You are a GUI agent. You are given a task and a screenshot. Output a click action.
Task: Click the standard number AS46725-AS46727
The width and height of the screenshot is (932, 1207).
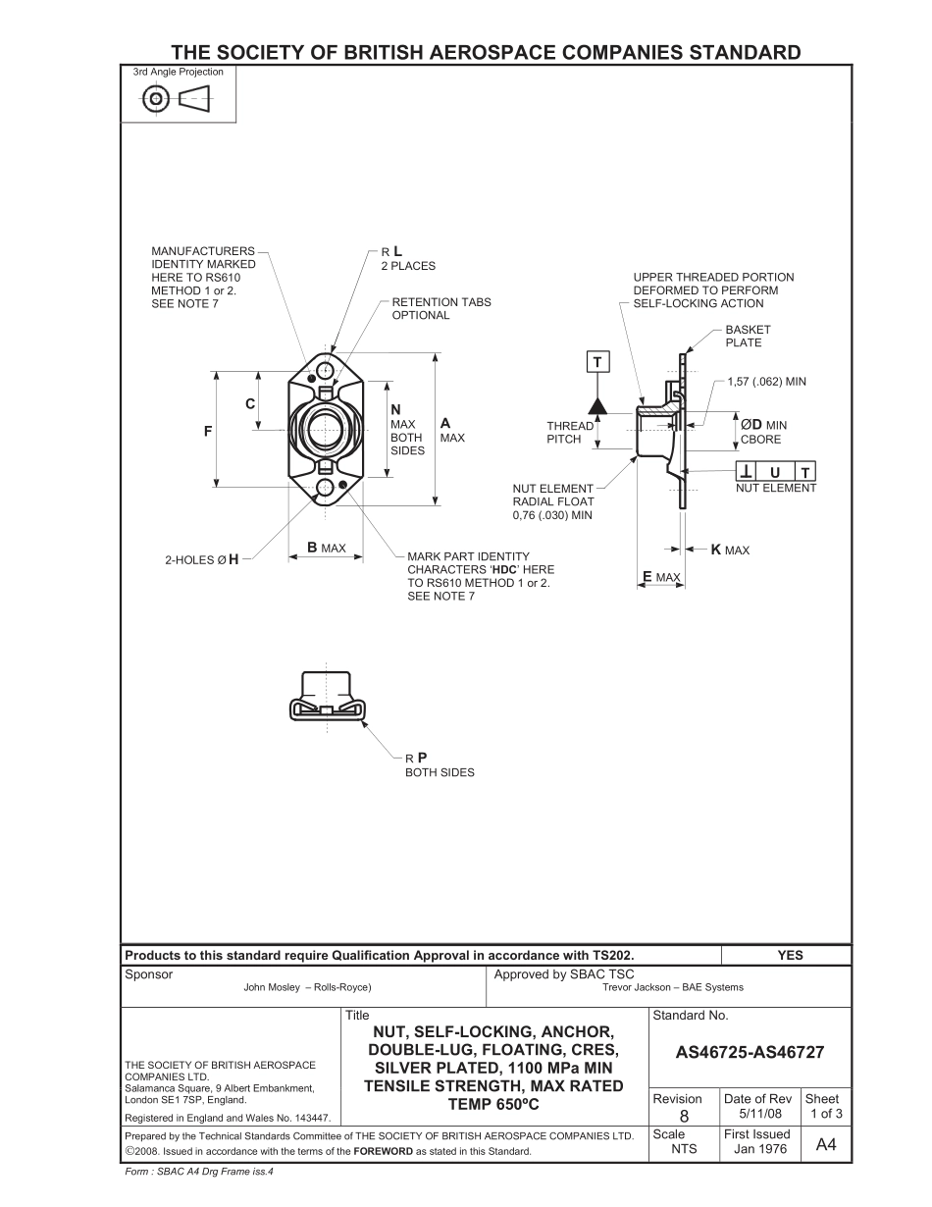click(x=750, y=1053)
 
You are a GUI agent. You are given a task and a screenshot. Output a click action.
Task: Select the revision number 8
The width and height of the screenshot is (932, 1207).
click(x=684, y=1116)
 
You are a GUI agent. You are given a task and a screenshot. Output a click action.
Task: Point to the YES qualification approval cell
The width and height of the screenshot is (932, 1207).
click(x=789, y=955)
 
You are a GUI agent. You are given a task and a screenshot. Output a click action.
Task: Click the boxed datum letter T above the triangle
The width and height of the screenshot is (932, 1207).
click(x=597, y=363)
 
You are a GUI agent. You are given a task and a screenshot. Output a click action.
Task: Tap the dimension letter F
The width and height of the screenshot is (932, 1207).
click(x=207, y=431)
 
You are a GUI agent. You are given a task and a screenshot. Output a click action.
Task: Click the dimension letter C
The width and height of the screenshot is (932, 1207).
click(x=250, y=403)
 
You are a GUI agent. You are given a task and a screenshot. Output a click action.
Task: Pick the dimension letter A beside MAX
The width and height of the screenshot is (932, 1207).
click(x=445, y=423)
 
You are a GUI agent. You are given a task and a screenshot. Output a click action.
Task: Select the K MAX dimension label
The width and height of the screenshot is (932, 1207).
click(x=730, y=551)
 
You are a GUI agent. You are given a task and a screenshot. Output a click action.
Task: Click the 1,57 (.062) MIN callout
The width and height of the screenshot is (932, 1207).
click(x=766, y=381)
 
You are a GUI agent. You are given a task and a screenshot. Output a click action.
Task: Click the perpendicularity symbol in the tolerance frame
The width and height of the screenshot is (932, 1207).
click(x=748, y=473)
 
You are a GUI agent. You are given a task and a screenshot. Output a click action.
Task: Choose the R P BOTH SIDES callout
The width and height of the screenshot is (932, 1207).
click(x=439, y=764)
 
